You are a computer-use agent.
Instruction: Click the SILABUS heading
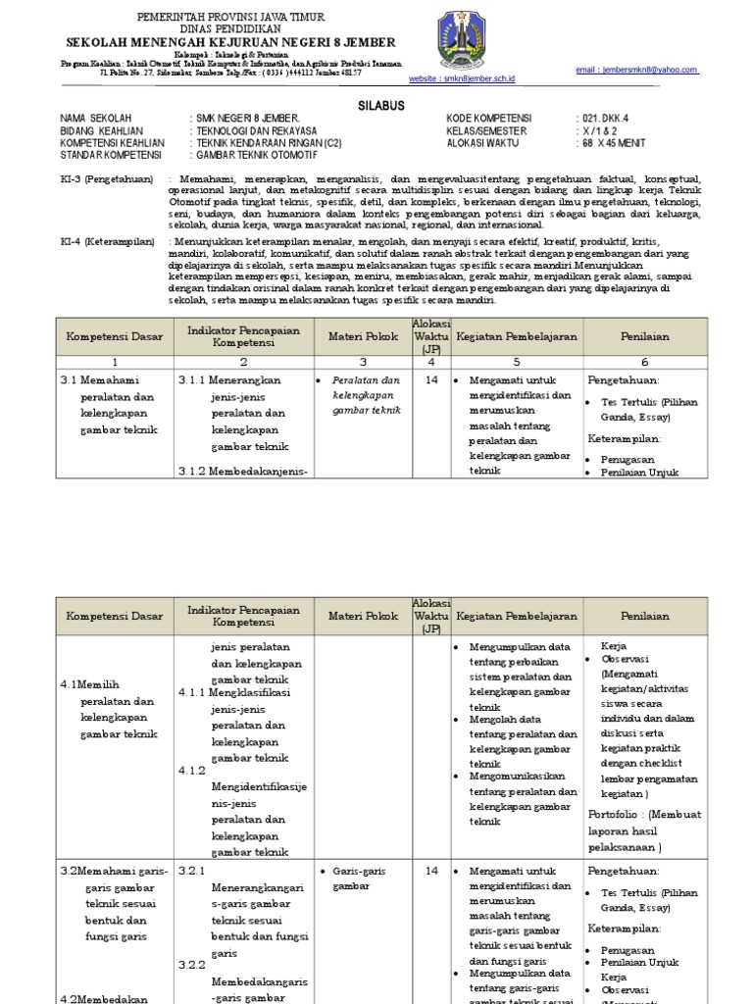coord(376,104)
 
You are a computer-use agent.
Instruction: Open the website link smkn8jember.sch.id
coord(462,77)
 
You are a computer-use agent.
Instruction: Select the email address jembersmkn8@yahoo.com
coord(651,70)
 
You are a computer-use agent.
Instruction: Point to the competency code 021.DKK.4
coord(606,118)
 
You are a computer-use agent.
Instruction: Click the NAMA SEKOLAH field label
coord(96,118)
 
